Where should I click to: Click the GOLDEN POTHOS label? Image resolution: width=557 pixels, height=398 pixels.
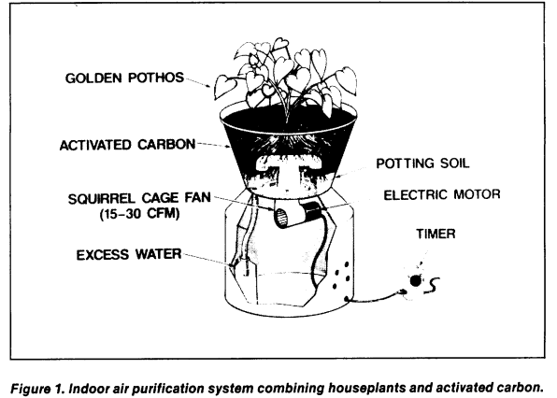coord(124,78)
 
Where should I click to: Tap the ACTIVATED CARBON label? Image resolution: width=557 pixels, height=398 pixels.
coord(127,145)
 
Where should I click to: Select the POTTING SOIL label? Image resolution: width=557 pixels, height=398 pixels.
coord(422,163)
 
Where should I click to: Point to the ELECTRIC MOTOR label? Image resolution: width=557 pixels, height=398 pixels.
coord(442,194)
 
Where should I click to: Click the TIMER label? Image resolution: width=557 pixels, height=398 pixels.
coord(436,234)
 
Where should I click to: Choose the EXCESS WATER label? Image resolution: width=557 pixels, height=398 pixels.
coord(129,254)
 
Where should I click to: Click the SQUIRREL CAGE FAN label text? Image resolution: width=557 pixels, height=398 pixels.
coord(139,198)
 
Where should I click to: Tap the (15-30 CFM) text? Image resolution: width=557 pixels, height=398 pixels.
coord(139,214)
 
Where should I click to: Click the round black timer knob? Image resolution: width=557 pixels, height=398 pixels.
coord(415,281)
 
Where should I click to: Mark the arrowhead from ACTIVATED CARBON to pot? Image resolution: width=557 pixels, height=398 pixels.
coord(226,147)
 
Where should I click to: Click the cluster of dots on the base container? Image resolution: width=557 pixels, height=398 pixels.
coord(341,276)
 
